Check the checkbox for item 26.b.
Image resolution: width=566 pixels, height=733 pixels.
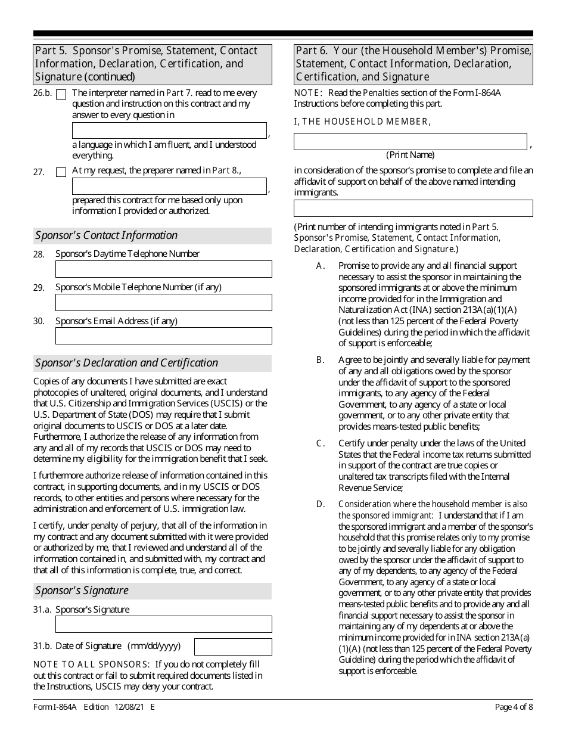pos(61,94)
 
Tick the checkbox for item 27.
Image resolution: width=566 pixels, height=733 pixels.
pos(61,172)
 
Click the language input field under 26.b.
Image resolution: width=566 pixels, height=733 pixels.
pos(169,131)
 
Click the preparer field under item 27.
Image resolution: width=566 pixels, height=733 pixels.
pos(169,186)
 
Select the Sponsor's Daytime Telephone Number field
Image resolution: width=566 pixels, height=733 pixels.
pos(163,269)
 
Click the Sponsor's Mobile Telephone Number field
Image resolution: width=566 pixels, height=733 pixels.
pos(163,302)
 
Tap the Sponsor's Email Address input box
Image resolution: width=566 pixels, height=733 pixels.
pos(163,336)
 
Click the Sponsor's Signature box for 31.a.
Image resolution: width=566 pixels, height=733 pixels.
pos(163,624)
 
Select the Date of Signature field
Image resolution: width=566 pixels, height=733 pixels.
pos(233,647)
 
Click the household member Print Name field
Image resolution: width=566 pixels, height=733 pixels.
pos(410,141)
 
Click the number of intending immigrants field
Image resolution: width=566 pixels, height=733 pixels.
pos(413,208)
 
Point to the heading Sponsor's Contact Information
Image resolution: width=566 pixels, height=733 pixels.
pos(106,235)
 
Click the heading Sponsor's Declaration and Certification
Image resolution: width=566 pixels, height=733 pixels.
pos(126,363)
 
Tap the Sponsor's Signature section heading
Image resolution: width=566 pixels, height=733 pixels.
pos(82,591)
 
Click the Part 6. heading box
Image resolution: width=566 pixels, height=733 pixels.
pos(413,64)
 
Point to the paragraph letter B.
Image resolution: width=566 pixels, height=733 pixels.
pos(321,360)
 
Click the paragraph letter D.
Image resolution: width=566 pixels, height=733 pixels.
pos(321,504)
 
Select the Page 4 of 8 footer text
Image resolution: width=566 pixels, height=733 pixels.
pos(514,707)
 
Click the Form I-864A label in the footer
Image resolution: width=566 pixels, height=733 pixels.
pos(54,707)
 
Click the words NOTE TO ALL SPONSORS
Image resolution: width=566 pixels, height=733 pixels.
pos(91,664)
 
